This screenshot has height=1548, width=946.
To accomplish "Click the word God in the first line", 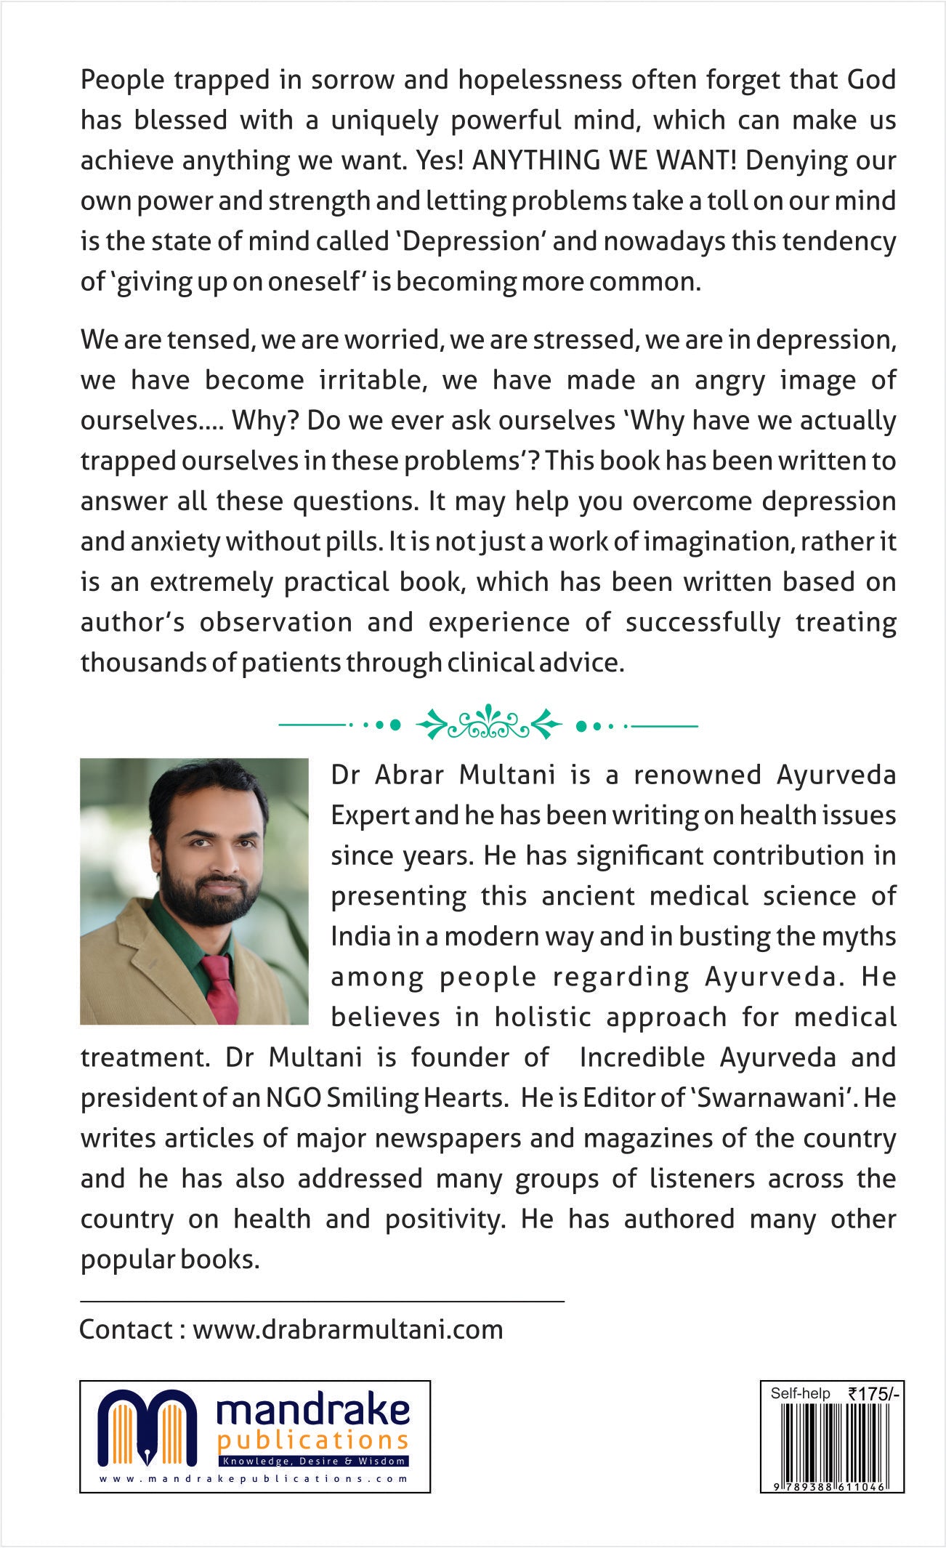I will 869,80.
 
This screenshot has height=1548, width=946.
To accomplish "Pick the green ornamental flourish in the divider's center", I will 489,725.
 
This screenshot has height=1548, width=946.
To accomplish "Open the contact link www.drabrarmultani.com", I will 347,1329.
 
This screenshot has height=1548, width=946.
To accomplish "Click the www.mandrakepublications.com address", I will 254,1478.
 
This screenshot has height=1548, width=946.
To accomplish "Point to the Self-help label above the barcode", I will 800,1393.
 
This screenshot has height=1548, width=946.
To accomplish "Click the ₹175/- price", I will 873,1394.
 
